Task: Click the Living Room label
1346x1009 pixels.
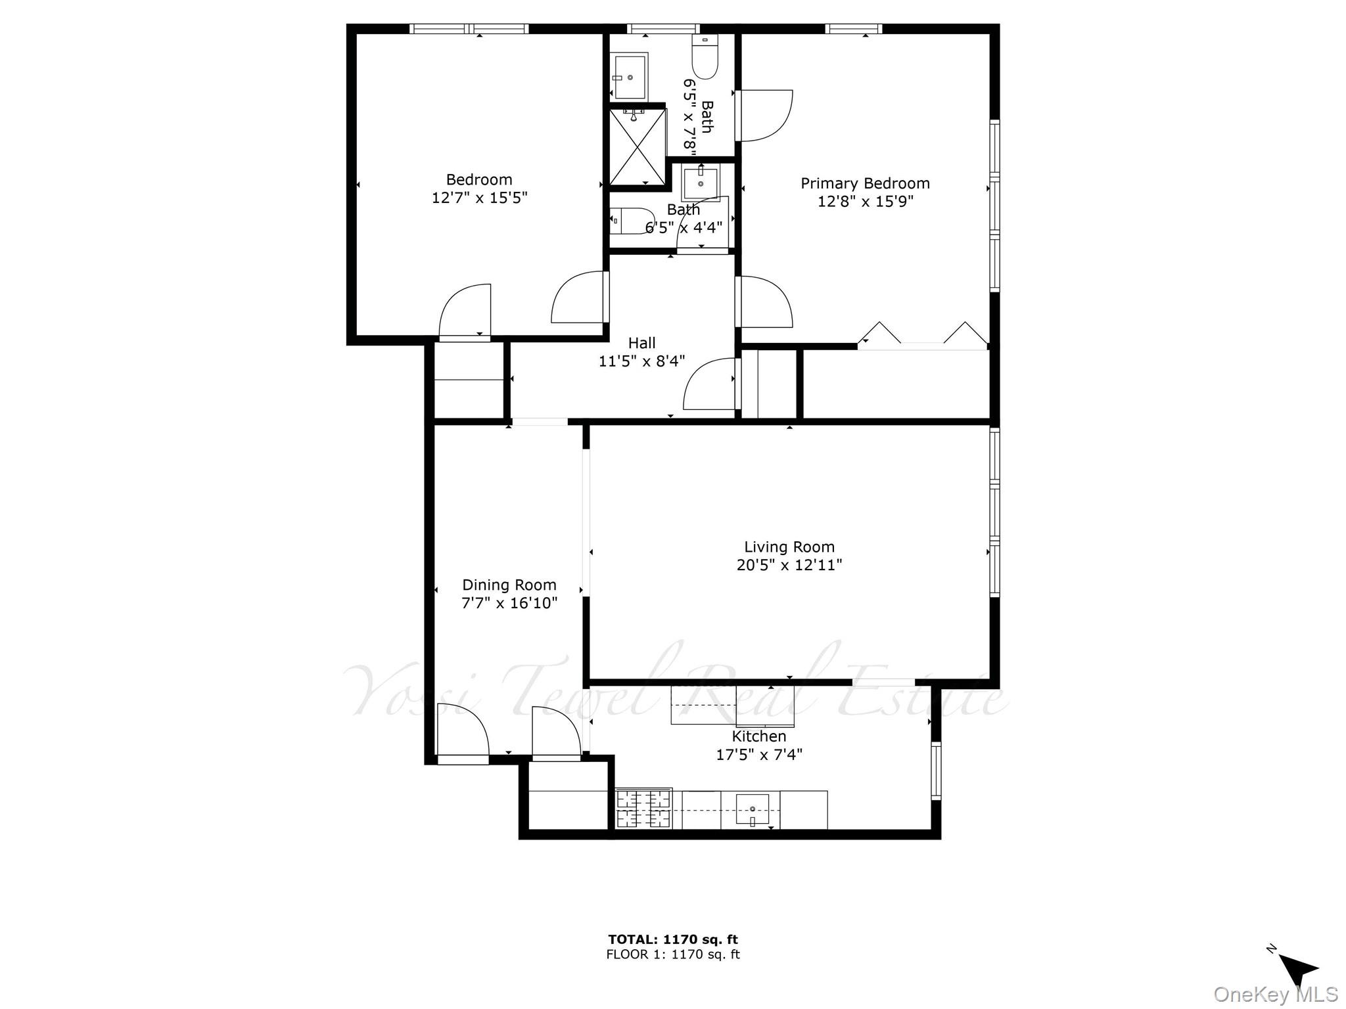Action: click(x=789, y=547)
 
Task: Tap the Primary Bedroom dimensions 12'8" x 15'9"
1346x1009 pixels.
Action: click(x=865, y=201)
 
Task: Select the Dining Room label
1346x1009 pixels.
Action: click(x=509, y=585)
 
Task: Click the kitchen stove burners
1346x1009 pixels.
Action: click(x=643, y=809)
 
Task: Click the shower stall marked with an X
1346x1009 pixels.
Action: click(x=638, y=147)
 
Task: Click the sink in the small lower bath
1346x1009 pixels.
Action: click(x=701, y=184)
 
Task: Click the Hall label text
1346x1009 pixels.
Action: click(x=641, y=343)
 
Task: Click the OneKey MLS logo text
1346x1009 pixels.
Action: click(x=1275, y=995)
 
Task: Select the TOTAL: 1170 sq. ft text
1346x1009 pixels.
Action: click(x=672, y=939)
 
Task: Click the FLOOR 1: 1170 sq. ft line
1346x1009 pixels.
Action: click(x=672, y=954)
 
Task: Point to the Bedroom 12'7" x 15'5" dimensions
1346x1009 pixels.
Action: click(x=479, y=198)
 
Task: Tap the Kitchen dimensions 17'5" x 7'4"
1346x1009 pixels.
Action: click(x=758, y=754)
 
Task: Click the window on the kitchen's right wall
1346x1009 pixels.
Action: click(x=936, y=770)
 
